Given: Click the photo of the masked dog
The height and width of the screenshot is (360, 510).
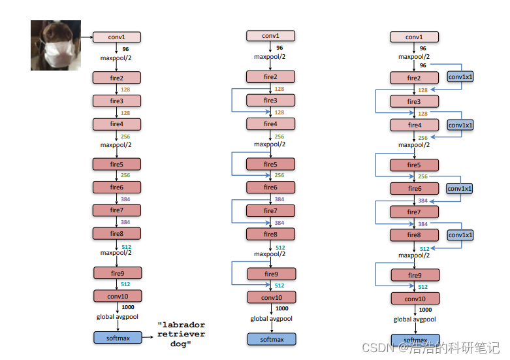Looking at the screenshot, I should click(x=56, y=45).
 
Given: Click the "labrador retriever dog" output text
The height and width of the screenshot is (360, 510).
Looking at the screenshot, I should click(x=182, y=334).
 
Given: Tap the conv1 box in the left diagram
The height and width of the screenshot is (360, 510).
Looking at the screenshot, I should click(x=117, y=37).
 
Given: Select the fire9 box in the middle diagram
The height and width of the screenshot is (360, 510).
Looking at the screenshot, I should click(x=271, y=274).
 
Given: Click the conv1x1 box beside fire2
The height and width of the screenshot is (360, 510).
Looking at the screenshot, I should click(x=460, y=76).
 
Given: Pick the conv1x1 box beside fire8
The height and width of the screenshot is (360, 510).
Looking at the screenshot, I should click(x=460, y=235).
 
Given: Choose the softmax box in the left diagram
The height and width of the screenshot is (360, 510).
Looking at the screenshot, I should click(x=117, y=338).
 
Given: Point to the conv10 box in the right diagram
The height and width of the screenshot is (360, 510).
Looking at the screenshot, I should click(x=415, y=299).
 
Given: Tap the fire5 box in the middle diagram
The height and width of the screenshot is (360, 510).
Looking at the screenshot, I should click(x=270, y=165).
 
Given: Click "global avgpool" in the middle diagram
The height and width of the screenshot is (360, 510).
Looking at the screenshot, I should click(x=271, y=319).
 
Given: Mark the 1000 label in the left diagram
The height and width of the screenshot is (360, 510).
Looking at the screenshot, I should click(x=127, y=307).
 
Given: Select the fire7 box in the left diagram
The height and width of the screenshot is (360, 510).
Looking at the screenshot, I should click(x=117, y=210).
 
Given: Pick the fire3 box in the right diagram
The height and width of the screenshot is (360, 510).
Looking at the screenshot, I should click(x=414, y=102).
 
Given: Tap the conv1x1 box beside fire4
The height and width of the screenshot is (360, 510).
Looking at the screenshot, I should click(x=460, y=124).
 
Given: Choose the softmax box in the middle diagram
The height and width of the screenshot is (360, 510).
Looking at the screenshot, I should click(x=271, y=339).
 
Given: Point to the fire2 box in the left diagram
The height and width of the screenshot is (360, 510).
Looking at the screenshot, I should click(x=117, y=78).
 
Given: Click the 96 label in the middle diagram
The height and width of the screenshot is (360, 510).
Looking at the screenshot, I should click(x=279, y=47).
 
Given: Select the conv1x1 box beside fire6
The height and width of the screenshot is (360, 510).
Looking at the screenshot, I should click(x=460, y=188).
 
